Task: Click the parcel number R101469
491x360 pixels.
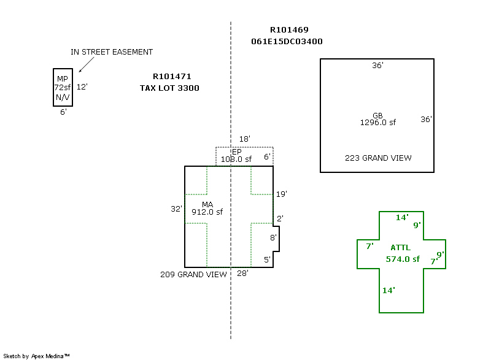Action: tap(289, 30)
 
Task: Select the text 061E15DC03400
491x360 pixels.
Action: tap(287, 42)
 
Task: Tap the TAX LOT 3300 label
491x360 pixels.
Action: tap(169, 88)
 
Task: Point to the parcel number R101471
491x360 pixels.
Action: tap(172, 77)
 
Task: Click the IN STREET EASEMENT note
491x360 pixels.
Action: tap(112, 52)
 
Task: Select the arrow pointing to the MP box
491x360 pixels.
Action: tap(87, 65)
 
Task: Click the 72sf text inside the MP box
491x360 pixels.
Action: tap(63, 87)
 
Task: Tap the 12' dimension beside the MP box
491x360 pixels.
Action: tap(82, 86)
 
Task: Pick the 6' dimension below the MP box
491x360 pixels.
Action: tap(63, 112)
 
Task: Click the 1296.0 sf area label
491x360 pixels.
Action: tap(378, 123)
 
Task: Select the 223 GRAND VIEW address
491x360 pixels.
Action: tap(378, 158)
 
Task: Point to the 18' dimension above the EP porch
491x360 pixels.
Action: tap(244, 139)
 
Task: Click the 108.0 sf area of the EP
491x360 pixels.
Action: tap(236, 159)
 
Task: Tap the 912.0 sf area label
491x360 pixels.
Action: tap(207, 212)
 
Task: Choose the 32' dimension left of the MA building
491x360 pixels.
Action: tap(176, 209)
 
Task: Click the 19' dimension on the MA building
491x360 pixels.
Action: tap(282, 194)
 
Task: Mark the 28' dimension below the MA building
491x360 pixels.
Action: tap(242, 274)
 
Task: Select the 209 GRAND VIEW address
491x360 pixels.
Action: tap(193, 275)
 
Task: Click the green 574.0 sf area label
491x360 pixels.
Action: tap(403, 259)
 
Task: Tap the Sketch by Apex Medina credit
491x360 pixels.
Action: tap(36, 356)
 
